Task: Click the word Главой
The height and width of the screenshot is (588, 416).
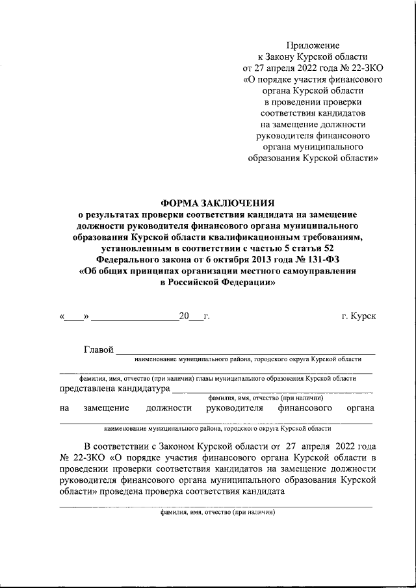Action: pyautogui.click(x=99, y=350)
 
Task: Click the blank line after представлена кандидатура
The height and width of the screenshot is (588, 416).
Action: pyautogui.click(x=272, y=391)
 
